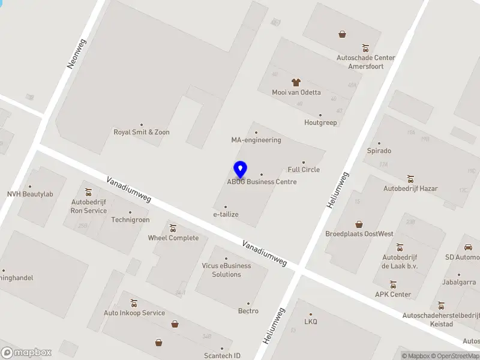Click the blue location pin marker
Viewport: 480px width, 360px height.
tap(240, 170)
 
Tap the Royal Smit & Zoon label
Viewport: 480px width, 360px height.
tap(142, 132)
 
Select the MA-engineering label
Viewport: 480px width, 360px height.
tap(256, 140)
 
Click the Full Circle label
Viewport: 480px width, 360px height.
tap(304, 169)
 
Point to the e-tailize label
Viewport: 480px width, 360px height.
tap(226, 214)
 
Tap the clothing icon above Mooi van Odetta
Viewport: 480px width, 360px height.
tap(296, 82)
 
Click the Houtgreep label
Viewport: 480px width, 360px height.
tap(320, 122)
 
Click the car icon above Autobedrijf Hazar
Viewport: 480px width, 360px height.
tap(410, 178)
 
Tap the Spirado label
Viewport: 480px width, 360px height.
tap(379, 151)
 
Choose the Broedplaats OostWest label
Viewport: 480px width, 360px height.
tap(359, 233)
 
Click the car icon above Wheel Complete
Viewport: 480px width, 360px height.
tap(173, 228)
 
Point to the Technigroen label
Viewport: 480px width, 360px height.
tap(130, 220)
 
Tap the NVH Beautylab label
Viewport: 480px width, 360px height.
tap(30, 194)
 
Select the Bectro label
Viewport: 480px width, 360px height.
tap(248, 311)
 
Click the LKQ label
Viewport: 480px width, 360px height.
tap(310, 322)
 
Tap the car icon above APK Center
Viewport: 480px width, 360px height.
tap(393, 284)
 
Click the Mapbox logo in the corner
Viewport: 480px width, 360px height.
tap(26, 353)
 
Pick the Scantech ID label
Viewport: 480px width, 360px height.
tap(222, 356)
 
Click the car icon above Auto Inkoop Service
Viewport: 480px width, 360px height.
tap(134, 302)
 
